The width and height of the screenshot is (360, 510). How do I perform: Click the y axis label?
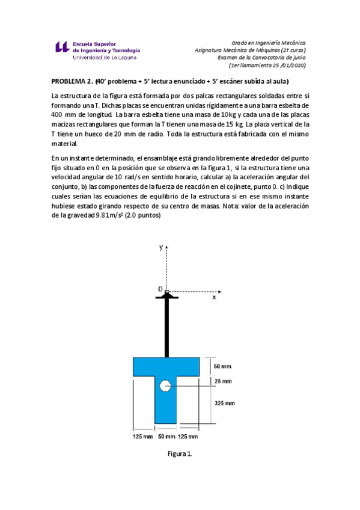(x=160, y=247)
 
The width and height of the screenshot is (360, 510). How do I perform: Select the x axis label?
(x=213, y=297)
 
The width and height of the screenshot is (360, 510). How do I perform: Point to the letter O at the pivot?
(x=160, y=289)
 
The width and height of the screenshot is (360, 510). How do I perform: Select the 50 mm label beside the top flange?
(x=222, y=366)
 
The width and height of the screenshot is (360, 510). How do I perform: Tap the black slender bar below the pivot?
(x=166, y=328)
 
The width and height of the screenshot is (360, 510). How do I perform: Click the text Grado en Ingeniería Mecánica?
(x=269, y=43)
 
